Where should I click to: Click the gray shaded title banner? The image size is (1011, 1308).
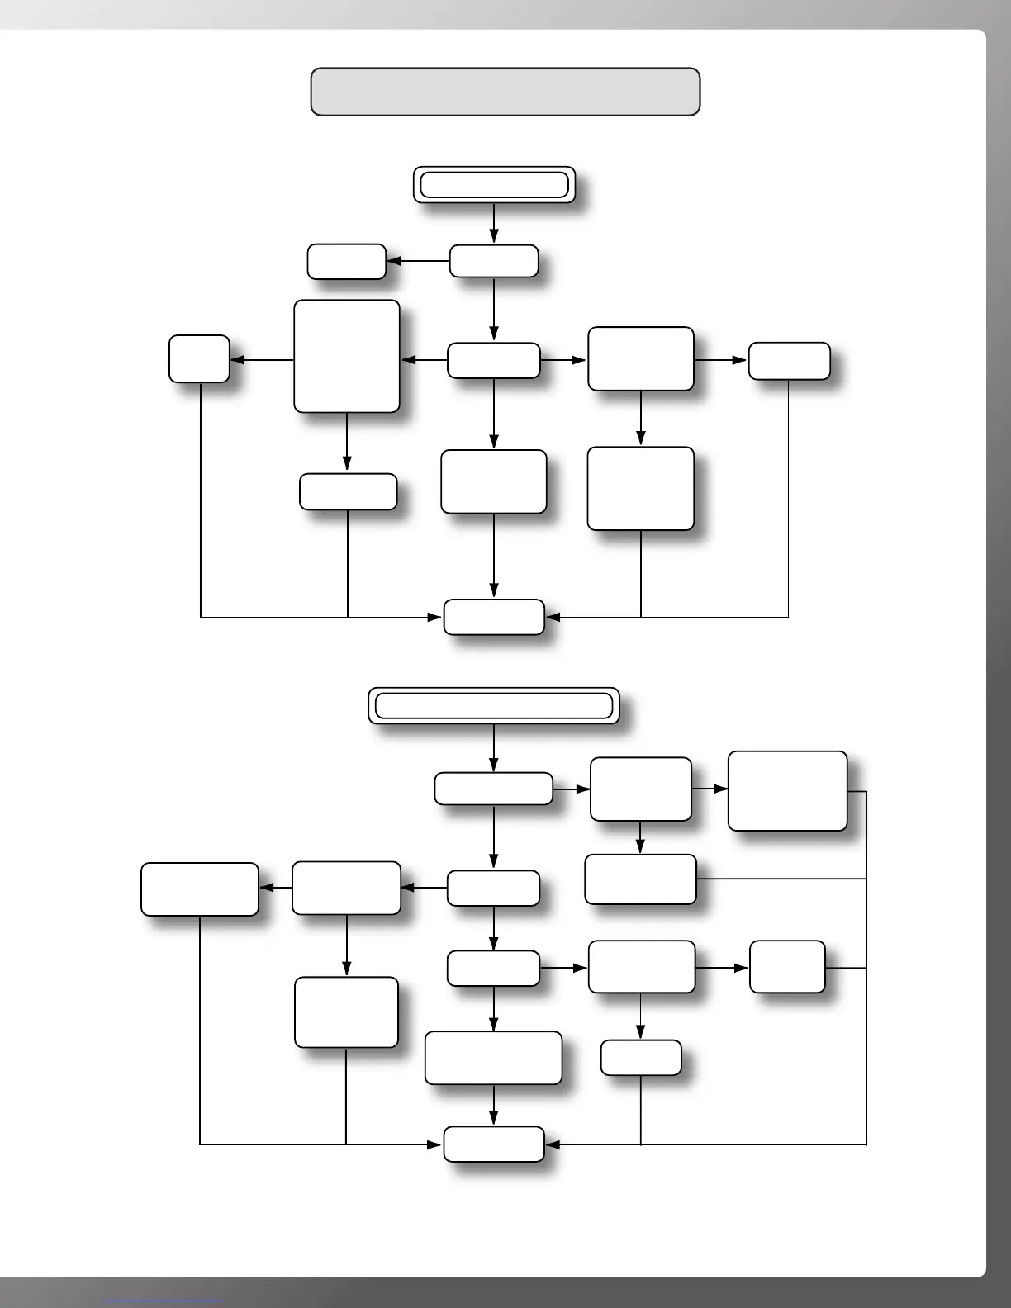click(x=505, y=92)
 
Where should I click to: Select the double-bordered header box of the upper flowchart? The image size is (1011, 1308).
click(x=494, y=184)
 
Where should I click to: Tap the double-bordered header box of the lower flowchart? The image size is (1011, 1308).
click(x=494, y=706)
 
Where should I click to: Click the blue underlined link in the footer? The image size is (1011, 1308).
click(x=164, y=1301)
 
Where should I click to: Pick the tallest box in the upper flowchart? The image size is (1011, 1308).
click(x=347, y=356)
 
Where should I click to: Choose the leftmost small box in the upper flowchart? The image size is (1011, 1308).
click(x=199, y=359)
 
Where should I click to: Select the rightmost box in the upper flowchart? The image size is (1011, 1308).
click(x=789, y=361)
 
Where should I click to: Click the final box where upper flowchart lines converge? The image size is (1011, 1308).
click(x=494, y=617)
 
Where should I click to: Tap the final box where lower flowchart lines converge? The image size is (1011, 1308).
click(x=494, y=1144)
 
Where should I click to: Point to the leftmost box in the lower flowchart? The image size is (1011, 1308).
click(x=200, y=889)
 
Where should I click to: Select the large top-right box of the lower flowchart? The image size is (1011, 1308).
click(x=787, y=790)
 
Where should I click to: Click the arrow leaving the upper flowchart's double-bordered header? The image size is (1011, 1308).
click(x=494, y=223)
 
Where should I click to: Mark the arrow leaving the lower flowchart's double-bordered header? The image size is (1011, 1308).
click(x=494, y=748)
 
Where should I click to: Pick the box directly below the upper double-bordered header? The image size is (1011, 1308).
click(x=494, y=261)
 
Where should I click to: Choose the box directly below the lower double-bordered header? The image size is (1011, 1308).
click(x=494, y=789)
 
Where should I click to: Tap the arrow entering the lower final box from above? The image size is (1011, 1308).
click(x=494, y=1105)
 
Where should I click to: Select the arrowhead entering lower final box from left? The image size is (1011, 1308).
click(x=434, y=1144)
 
